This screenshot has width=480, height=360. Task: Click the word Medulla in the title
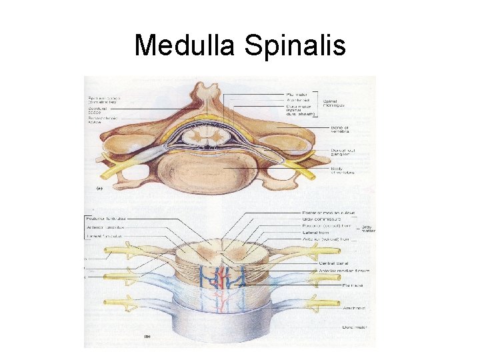185,45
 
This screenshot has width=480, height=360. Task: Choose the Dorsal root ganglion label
345,153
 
